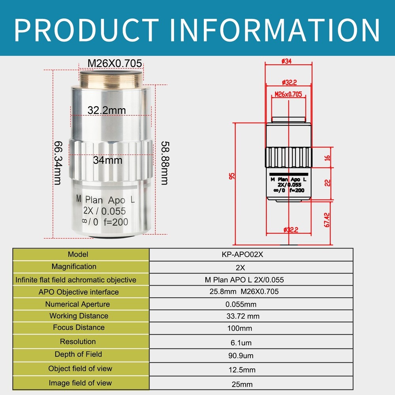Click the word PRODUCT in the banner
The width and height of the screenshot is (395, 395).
coord(86,30)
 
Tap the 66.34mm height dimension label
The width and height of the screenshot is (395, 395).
coord(58,163)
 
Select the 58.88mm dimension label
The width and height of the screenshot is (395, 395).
coord(165,163)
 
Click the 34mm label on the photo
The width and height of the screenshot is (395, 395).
coord(107,160)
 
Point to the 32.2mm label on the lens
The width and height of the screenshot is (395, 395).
coord(107,110)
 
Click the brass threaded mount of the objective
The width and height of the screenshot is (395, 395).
coord(111,79)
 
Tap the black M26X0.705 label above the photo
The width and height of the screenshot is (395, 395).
coord(115,64)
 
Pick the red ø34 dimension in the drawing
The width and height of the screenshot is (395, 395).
coord(286,61)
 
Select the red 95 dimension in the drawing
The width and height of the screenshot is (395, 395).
coord(232,176)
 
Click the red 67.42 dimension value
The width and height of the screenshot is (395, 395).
coord(327,220)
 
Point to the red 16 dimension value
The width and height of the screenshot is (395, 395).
coord(327,158)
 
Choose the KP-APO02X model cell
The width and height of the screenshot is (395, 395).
coord(243,254)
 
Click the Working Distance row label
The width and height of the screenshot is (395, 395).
coord(79,316)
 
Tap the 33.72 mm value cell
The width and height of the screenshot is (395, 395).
coord(243,316)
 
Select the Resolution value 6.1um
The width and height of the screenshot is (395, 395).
coord(241,343)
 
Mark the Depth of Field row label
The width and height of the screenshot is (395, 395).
coord(78,354)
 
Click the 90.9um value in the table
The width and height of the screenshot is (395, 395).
coord(241,356)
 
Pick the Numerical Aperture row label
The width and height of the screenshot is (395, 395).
coord(77,304)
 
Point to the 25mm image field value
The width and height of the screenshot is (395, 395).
coord(242,384)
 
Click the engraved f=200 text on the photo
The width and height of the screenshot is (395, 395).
coord(116,222)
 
